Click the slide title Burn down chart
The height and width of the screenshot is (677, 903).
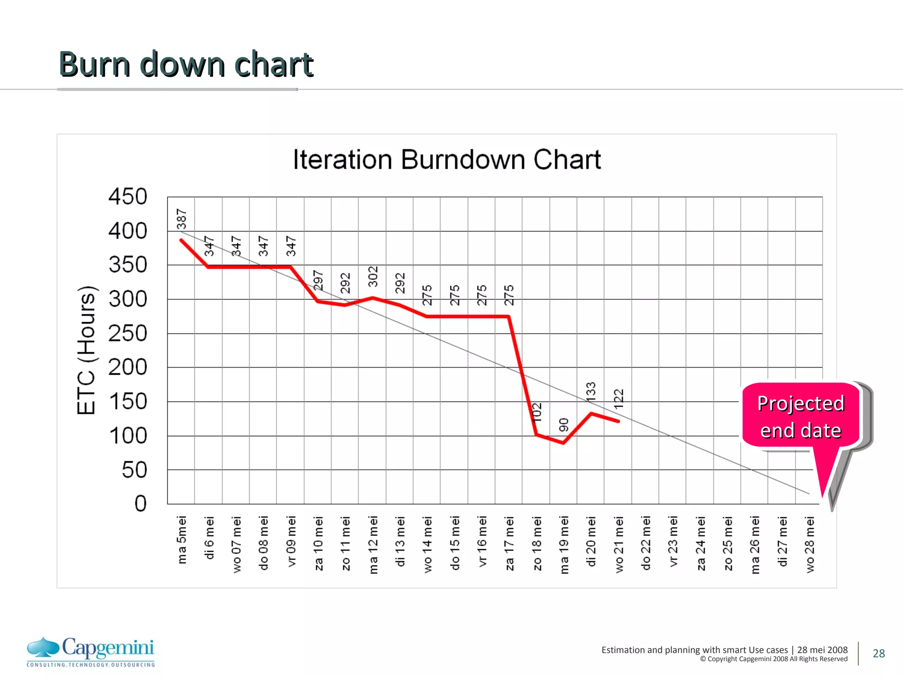186,64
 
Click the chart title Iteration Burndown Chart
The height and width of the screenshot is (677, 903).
447,160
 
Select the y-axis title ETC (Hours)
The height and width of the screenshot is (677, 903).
86,350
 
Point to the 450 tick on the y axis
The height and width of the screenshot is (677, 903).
127,197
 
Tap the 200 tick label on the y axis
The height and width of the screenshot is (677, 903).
127,367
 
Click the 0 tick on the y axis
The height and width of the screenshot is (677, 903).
140,503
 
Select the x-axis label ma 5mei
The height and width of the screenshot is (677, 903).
182,540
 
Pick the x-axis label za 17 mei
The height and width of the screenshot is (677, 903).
509,543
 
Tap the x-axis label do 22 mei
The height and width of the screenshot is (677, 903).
646,543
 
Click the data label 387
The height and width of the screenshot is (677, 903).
182,219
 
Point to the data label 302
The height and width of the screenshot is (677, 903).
373,276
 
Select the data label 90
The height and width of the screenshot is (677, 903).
564,425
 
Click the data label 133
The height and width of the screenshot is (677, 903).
591,392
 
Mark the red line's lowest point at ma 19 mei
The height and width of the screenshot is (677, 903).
564,443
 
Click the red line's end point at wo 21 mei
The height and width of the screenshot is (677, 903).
618,421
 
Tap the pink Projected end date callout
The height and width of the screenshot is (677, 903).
800,417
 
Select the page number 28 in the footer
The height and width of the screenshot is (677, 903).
878,653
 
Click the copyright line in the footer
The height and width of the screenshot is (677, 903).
773,659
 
